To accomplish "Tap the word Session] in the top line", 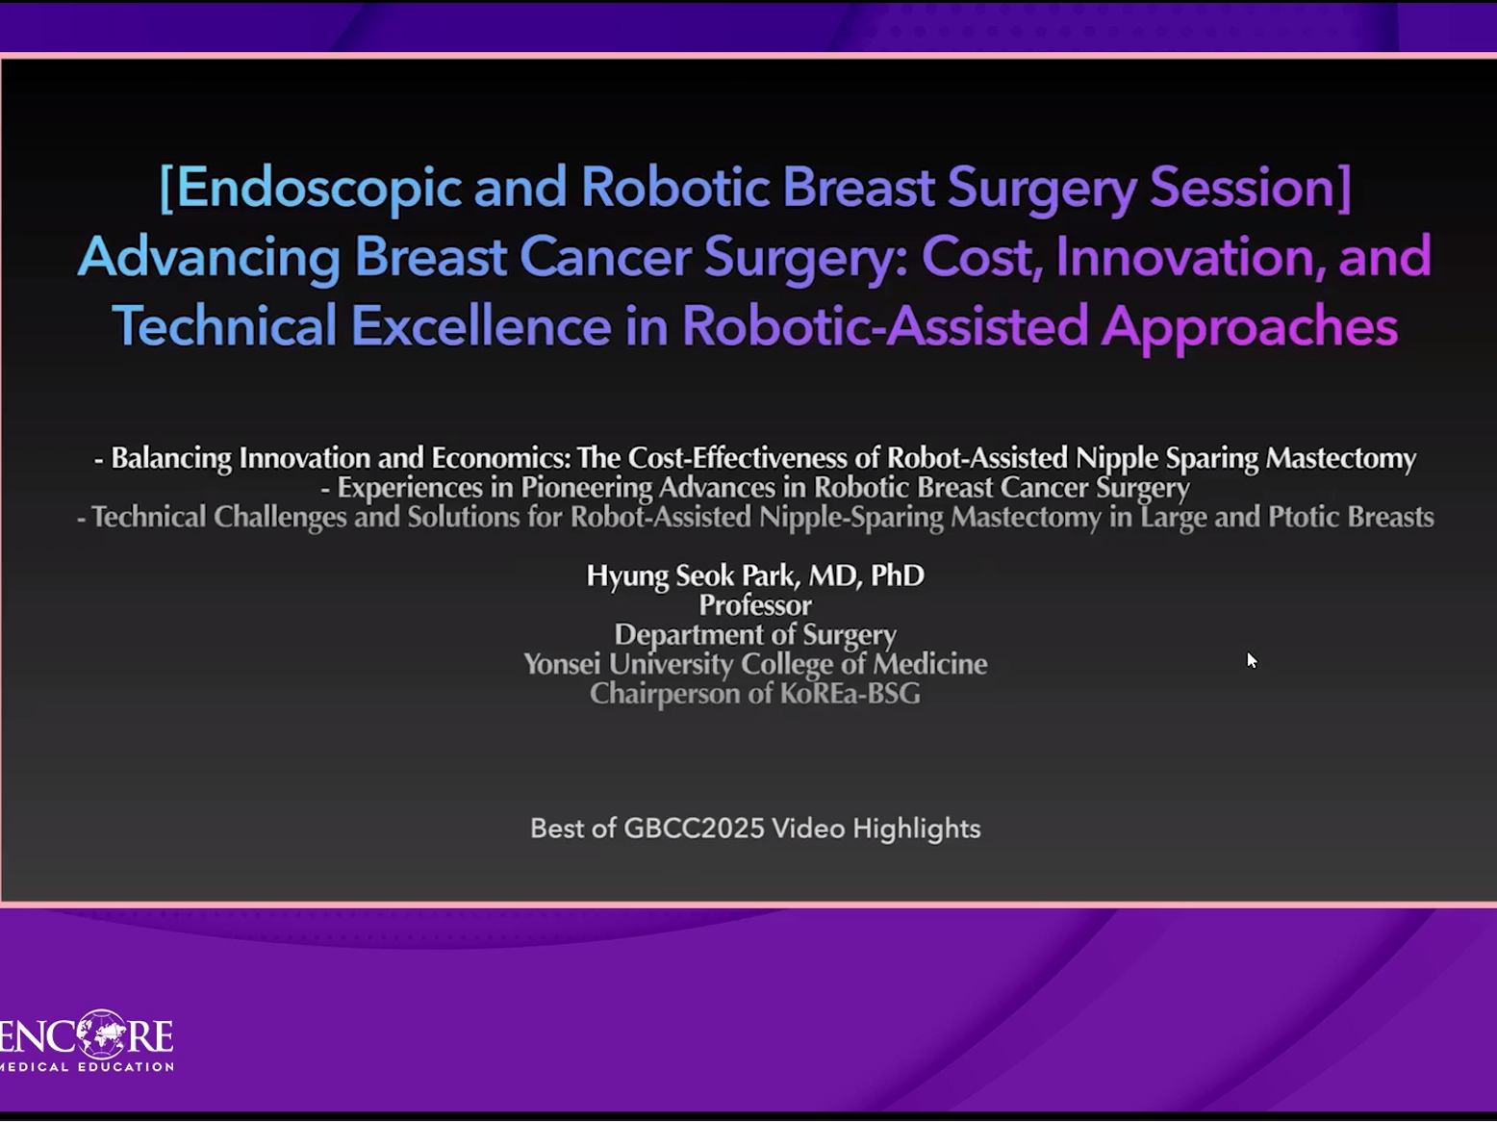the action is (1250, 188).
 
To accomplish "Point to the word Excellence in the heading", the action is (481, 325).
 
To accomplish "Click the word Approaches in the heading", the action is (1250, 327).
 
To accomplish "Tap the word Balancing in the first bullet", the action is (171, 459).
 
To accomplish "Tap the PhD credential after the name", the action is (898, 575).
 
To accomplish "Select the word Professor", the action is (755, 605).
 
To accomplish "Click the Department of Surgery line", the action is (755, 635).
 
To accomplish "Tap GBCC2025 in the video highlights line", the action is (694, 829).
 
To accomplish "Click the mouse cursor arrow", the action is (1252, 660).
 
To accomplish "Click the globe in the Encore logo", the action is (102, 1034).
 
